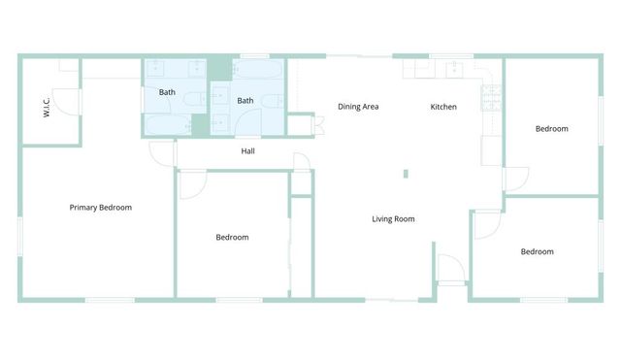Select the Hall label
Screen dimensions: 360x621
pos(248,151)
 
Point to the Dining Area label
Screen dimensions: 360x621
pos(357,107)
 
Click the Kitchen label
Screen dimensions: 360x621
pos(443,107)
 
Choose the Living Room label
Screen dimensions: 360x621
pos(393,219)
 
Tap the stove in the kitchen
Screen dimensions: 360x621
pos(491,97)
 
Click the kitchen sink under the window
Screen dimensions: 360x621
pos(453,70)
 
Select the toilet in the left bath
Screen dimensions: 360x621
pos(192,97)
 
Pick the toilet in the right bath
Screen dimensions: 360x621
pos(275,100)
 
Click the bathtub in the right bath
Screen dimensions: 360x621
pos(258,71)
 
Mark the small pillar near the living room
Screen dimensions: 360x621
pos(406,175)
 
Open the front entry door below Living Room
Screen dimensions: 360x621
pos(450,269)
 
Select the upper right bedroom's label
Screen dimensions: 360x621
pos(551,128)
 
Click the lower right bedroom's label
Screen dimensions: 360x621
pos(537,252)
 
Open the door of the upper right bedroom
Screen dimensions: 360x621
pos(515,180)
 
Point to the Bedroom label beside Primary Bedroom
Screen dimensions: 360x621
pos(232,238)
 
